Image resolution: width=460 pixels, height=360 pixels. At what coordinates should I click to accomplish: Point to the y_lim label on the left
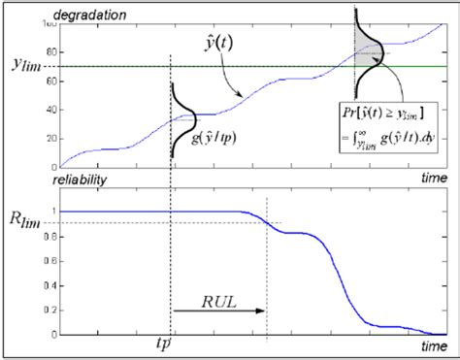pyautogui.click(x=30, y=65)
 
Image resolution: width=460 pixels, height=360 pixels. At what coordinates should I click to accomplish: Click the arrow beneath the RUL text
pyautogui.click(x=217, y=311)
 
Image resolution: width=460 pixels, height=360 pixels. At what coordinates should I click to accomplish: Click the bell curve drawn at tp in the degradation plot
pyautogui.click(x=184, y=120)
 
